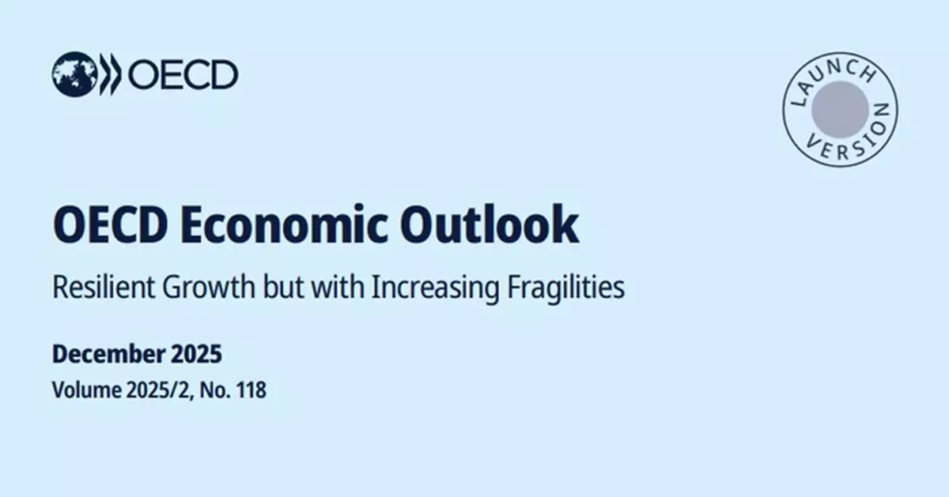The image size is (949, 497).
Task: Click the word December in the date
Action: (x=105, y=355)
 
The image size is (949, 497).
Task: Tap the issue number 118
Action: (x=249, y=390)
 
